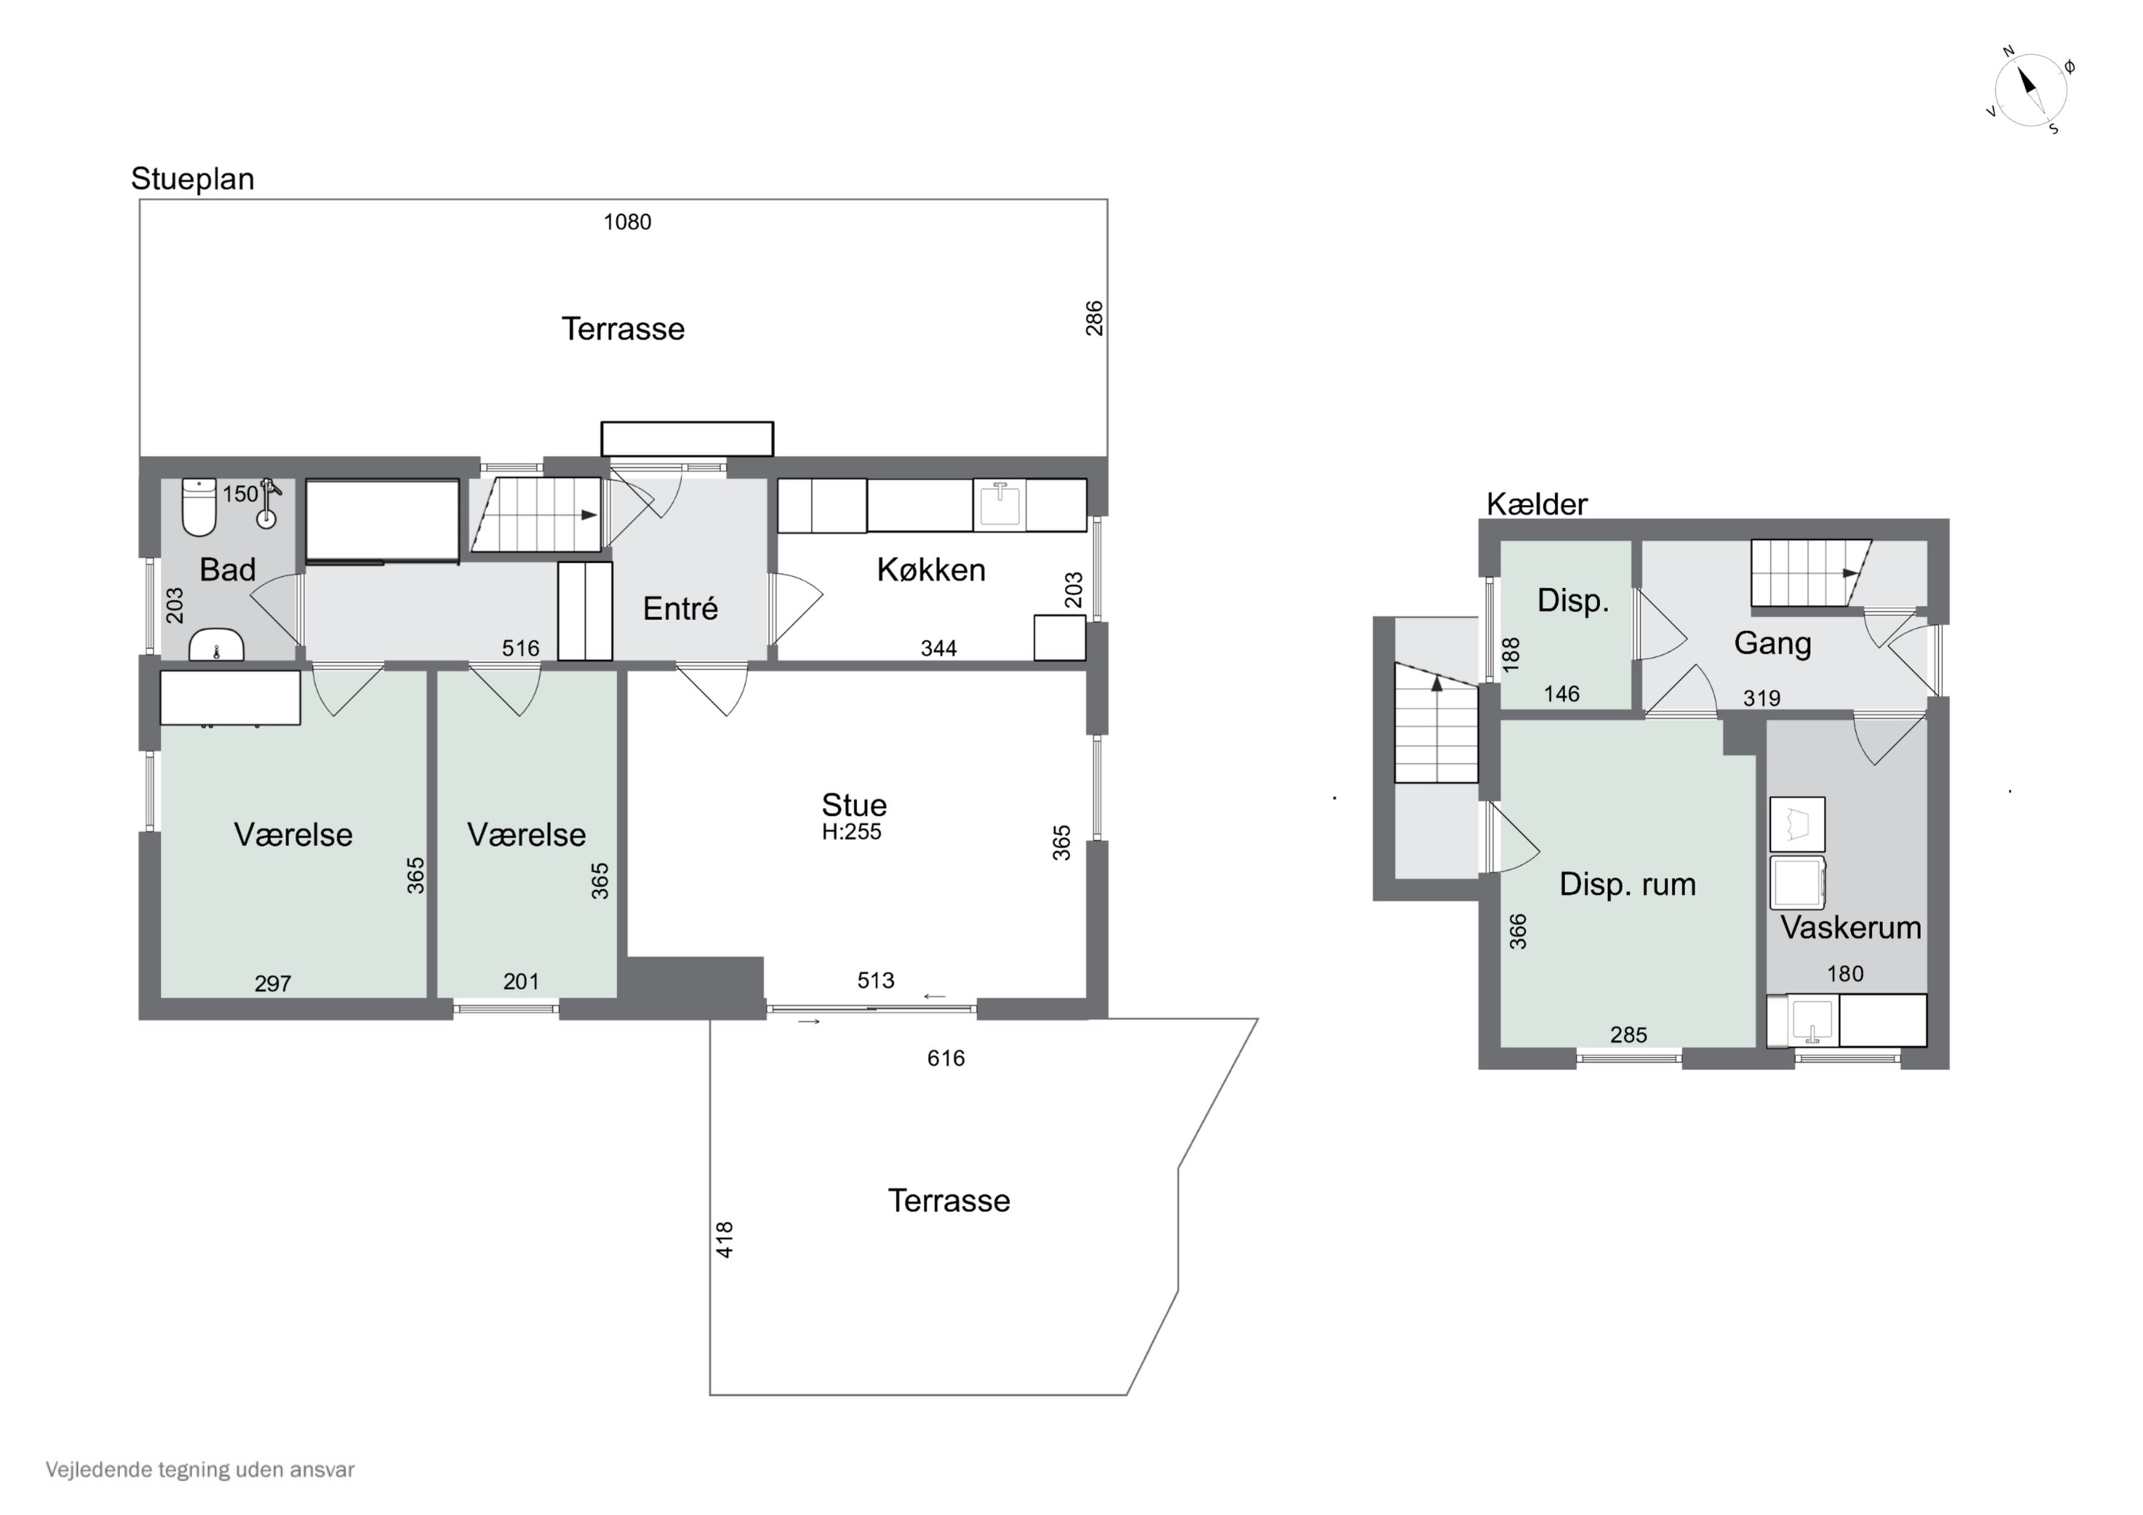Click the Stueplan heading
[192, 179]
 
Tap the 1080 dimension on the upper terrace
[626, 222]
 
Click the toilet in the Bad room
[199, 507]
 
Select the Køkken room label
[931, 569]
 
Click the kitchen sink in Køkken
[999, 504]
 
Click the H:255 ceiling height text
[851, 831]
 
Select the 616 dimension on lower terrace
[946, 1058]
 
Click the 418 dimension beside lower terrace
[725, 1239]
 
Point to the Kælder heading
[1537, 504]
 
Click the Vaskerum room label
[1850, 927]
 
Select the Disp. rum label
[1627, 884]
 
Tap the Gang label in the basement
[1772, 643]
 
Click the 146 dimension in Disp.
[1561, 694]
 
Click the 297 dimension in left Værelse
[273, 983]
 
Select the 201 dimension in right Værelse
[521, 981]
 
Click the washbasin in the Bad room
[216, 646]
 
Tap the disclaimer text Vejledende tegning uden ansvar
[200, 1469]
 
